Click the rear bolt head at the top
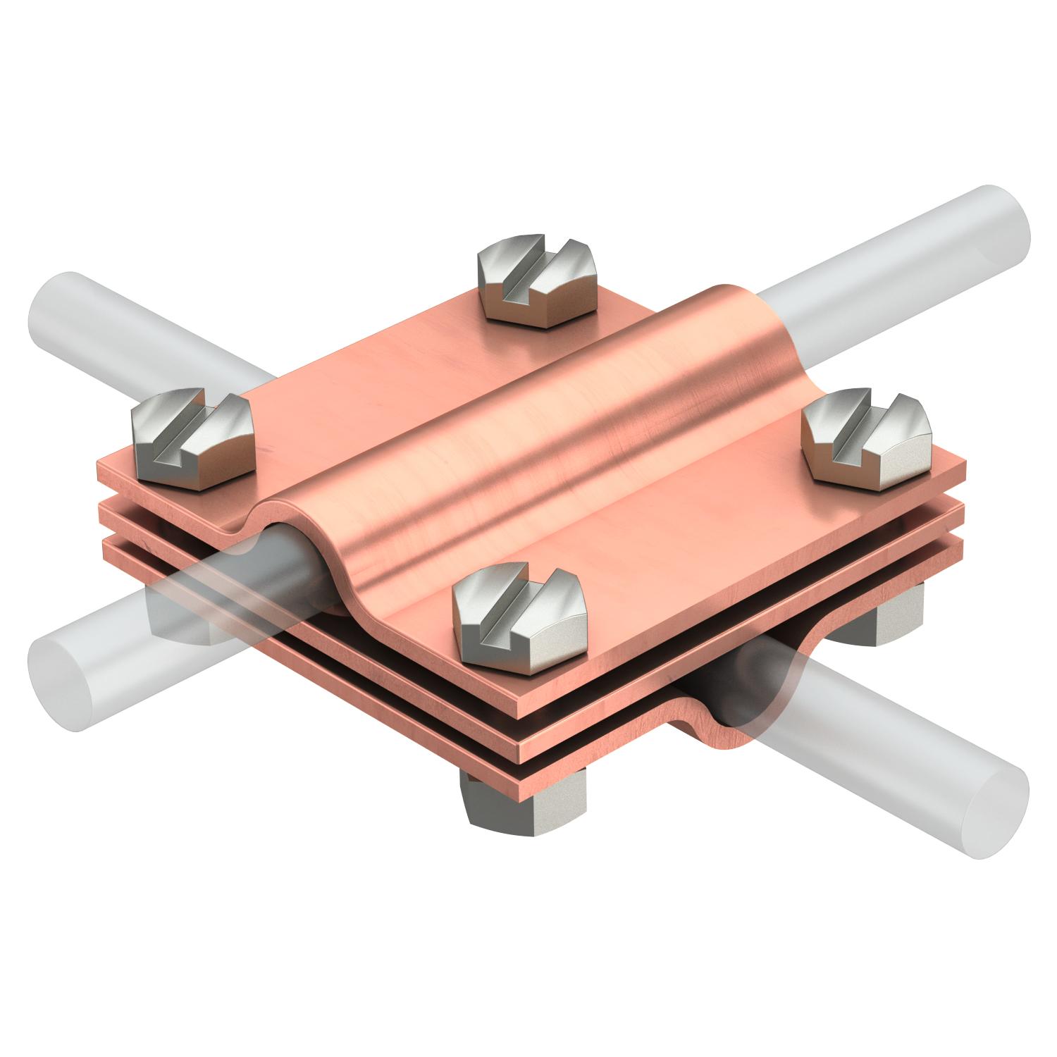538,282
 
